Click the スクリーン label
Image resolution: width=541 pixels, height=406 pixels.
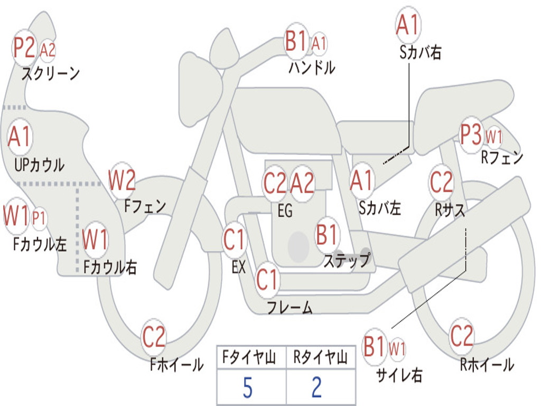click(51, 73)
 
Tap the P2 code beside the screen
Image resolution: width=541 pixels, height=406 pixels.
click(24, 47)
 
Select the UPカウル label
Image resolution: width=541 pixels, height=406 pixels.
click(39, 165)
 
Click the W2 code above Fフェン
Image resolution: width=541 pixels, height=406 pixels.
click(122, 180)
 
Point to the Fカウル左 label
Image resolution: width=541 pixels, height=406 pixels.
click(39, 244)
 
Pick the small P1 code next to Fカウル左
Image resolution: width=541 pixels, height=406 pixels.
click(39, 218)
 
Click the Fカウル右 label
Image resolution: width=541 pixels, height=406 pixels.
click(110, 267)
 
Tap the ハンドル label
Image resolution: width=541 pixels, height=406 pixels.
click(312, 67)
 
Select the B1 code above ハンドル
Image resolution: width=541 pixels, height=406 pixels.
click(296, 40)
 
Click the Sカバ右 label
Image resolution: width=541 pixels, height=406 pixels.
click(420, 52)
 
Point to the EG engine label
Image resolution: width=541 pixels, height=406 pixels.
click(285, 210)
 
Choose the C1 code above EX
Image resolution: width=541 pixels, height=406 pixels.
click(234, 239)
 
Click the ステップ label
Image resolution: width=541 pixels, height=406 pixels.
click(347, 260)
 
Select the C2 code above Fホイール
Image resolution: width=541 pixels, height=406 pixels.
click(154, 337)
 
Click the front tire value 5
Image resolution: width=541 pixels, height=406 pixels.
click(248, 387)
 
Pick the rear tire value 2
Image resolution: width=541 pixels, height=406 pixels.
click(317, 387)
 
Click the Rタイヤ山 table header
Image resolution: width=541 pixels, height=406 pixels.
click(320, 357)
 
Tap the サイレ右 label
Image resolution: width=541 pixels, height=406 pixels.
click(399, 375)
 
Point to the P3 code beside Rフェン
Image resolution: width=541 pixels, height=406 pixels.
click(471, 135)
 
